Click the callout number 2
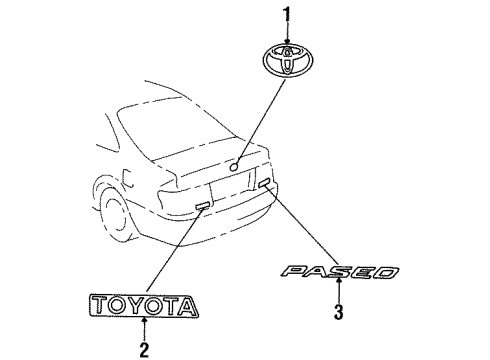coord(144,349)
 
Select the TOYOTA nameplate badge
coord(142,307)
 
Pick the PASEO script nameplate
coord(340,272)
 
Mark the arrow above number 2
coord(144,331)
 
